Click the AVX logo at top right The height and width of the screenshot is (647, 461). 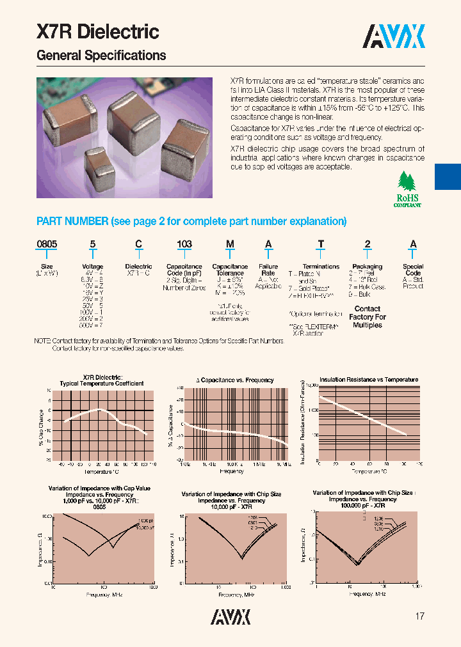coord(394,37)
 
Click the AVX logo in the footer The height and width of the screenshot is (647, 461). coord(230,616)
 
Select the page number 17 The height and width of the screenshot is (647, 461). coord(420,616)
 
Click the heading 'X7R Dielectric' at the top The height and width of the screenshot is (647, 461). coord(98,32)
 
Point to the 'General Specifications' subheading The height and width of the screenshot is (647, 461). coord(101,56)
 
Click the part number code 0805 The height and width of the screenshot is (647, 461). coord(47,244)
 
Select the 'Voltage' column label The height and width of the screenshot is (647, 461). coord(93,267)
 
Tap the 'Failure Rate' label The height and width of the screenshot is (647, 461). coord(268,270)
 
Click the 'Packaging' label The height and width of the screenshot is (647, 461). coord(368,267)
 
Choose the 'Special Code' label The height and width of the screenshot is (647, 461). coord(413,270)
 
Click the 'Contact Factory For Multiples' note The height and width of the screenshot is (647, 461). coord(368,317)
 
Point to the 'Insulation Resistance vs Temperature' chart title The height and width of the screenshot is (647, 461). coord(369,380)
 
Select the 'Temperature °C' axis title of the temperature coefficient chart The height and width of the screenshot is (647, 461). coord(102,471)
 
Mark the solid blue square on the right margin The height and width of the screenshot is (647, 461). coord(448,176)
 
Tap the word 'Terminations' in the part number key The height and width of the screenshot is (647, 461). coord(321,267)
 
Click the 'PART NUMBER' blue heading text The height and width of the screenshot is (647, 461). coord(72,221)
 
